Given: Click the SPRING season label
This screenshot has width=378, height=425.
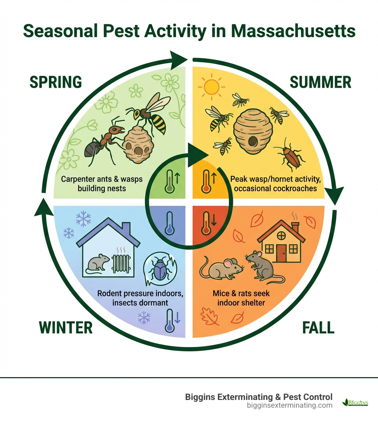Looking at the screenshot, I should click(55, 82).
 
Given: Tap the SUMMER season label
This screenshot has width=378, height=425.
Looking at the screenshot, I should click(320, 82).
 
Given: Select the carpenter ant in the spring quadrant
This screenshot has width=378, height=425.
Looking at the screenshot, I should click(103, 140).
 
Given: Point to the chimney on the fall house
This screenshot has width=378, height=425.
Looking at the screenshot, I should click(295, 226).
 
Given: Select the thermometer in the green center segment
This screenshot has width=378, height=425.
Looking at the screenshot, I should click(170, 181).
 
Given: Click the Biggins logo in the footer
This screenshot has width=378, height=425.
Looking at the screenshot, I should click(355, 402).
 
